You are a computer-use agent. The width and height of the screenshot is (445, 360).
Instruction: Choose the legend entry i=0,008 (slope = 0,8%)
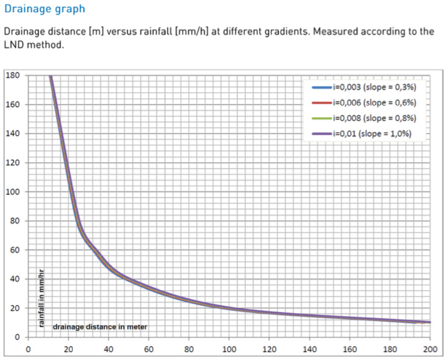pos(375,118)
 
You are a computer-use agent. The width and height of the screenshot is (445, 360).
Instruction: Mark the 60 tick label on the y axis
pos(15,250)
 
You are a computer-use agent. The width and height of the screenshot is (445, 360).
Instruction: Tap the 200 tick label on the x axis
pos(430,350)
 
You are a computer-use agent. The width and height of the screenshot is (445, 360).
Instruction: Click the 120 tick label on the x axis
pos(269,350)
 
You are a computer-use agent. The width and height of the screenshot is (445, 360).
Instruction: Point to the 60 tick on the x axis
pos(148,350)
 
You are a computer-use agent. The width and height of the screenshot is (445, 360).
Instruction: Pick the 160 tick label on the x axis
pos(349,350)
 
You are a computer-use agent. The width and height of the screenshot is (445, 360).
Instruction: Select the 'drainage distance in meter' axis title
pos(100,327)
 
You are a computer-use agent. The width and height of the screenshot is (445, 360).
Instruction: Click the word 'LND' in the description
pos(15,45)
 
